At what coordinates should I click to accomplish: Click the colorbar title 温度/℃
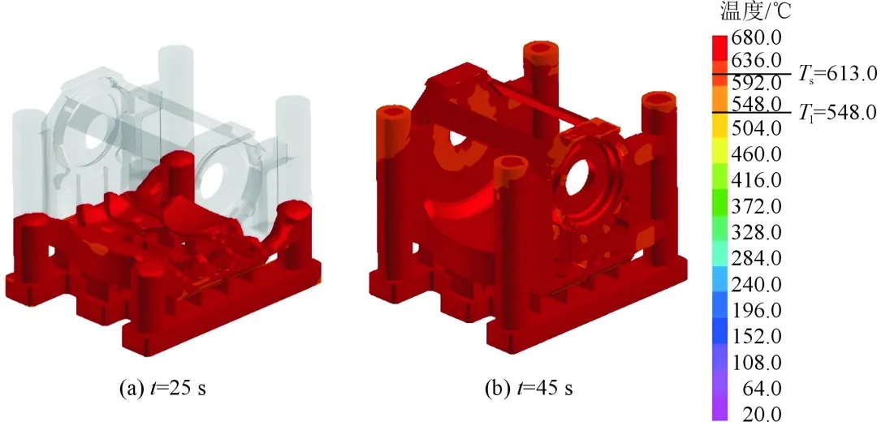coord(756,11)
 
